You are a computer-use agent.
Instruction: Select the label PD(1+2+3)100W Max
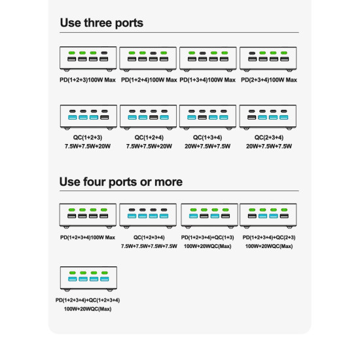coord(88,80)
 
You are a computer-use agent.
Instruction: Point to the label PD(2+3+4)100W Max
coord(269,80)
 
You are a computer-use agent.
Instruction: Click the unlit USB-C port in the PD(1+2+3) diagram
coord(104,53)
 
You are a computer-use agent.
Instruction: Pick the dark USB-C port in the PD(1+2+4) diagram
coord(153,53)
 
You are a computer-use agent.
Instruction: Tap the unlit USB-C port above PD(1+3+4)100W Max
coord(202,53)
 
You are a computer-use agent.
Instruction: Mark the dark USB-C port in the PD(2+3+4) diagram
coord(252,53)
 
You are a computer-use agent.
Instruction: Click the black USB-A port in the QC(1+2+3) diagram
coord(105,117)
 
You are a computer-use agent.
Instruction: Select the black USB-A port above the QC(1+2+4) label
coord(154,117)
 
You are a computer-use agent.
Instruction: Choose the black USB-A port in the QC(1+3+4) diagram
coord(202,117)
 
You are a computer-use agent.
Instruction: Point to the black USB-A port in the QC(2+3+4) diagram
coord(251,117)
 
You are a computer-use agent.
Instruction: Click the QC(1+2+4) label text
coord(149,137)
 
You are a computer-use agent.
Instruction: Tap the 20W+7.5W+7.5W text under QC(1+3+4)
coord(207,146)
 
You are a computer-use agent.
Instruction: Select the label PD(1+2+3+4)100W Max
coord(88,238)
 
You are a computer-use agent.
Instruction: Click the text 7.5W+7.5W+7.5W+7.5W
coord(149,246)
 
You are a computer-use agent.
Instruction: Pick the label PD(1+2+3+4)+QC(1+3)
coord(207,238)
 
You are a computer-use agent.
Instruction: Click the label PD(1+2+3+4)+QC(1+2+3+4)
coord(88,300)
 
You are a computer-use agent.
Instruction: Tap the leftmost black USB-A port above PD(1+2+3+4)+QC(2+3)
coord(252,216)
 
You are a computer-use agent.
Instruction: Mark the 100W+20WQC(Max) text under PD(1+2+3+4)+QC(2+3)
coord(269,246)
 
